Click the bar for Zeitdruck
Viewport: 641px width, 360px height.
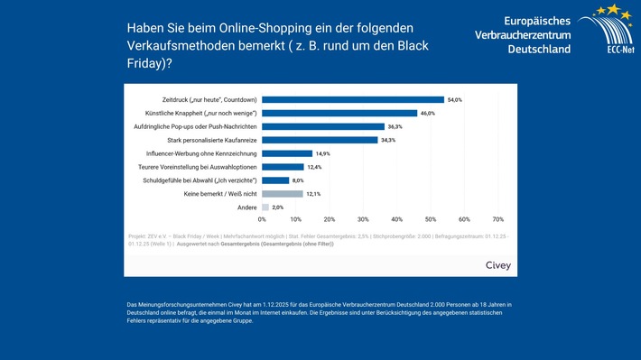pos(352,99)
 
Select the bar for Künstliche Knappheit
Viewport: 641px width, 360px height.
pos(339,113)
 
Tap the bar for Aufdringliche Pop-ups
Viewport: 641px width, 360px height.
pos(322,126)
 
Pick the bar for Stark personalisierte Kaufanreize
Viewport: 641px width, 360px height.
pos(320,140)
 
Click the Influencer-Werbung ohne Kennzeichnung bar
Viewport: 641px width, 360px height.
pos(286,153)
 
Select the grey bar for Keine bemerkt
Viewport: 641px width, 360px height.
pos(282,194)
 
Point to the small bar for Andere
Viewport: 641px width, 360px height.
pos(265,208)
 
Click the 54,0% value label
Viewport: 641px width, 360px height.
pos(455,99)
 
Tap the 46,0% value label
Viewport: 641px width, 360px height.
pos(428,113)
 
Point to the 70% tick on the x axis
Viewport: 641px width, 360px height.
pos(497,219)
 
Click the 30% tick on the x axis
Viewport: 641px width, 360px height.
pos(363,219)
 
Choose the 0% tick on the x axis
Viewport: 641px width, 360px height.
pos(262,219)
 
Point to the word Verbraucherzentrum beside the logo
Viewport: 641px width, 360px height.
pos(522,33)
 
